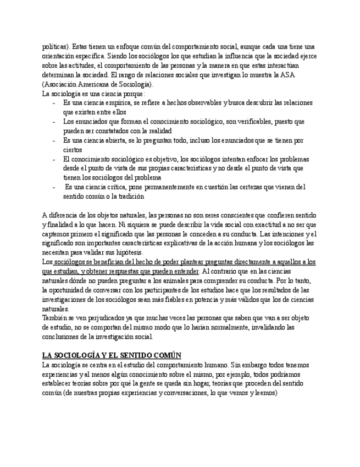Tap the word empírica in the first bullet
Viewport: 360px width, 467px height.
(x=120, y=103)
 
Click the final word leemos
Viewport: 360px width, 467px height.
(x=265, y=393)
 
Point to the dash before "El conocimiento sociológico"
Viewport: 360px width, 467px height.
(x=54, y=159)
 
